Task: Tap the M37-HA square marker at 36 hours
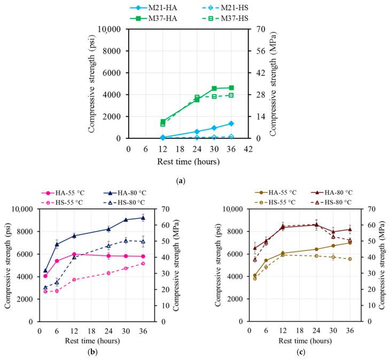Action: pos(231,88)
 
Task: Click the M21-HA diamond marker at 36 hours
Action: pos(231,123)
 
